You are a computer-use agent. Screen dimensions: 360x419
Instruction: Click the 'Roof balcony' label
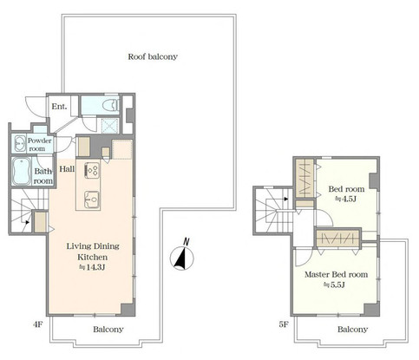pyautogui.click(x=153, y=56)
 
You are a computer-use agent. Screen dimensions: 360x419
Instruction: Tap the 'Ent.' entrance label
pyautogui.click(x=59, y=107)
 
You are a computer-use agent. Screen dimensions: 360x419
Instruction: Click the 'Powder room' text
pyautogui.click(x=40, y=144)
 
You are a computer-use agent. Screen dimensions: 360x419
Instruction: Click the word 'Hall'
pyautogui.click(x=67, y=170)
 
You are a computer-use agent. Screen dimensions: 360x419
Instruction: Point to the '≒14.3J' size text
pyautogui.click(x=91, y=269)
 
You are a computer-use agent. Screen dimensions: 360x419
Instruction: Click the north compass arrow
pyautogui.click(x=180, y=255)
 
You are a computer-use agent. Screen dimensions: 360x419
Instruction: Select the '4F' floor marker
pyautogui.click(x=38, y=324)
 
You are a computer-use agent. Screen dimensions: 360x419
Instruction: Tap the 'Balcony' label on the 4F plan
pyautogui.click(x=108, y=330)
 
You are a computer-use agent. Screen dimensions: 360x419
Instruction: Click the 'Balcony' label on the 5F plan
pyautogui.click(x=351, y=330)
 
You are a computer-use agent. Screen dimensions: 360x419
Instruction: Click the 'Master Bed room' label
pyautogui.click(x=335, y=274)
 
